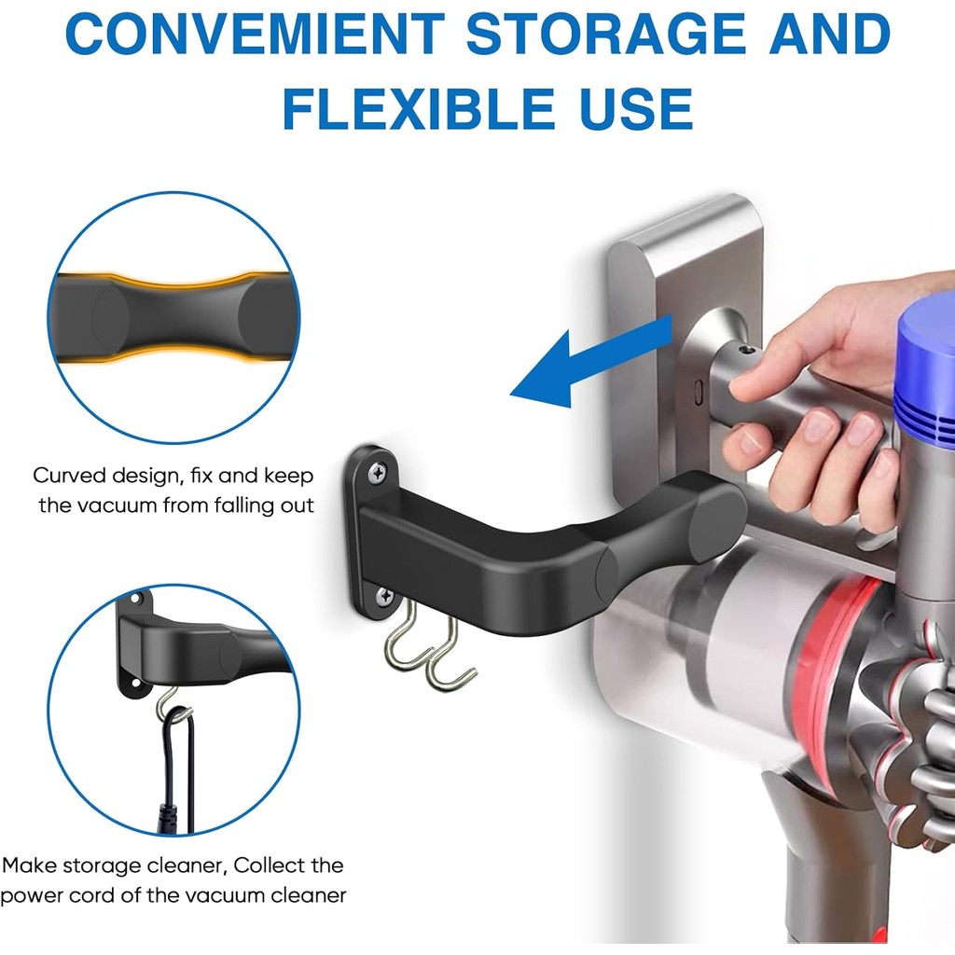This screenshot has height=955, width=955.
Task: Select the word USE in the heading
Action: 624,109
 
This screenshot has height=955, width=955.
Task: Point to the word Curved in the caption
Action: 66,476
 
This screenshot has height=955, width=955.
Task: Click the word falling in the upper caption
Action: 223,506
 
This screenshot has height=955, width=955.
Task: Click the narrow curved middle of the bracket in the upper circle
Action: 173,317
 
